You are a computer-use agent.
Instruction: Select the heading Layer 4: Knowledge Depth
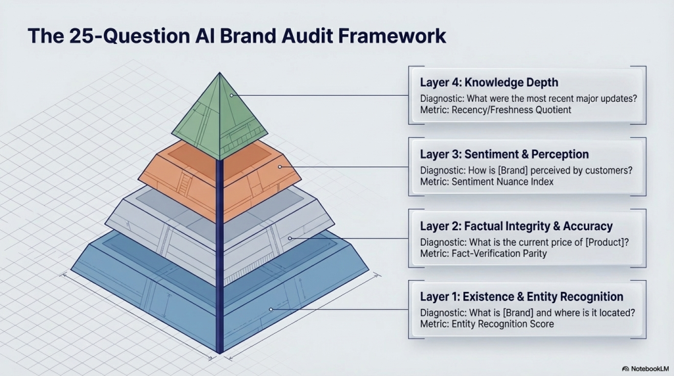[489, 83]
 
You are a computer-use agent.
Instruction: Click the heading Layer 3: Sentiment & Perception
[504, 154]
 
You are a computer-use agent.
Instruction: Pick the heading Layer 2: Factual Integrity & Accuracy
[516, 226]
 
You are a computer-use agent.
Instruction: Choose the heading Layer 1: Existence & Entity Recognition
[521, 297]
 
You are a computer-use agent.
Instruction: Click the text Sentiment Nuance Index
[502, 182]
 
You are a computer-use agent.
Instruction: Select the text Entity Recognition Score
[502, 324]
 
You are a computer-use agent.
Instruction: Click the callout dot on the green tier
[232, 95]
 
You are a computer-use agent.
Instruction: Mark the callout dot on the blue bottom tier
[271, 309]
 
